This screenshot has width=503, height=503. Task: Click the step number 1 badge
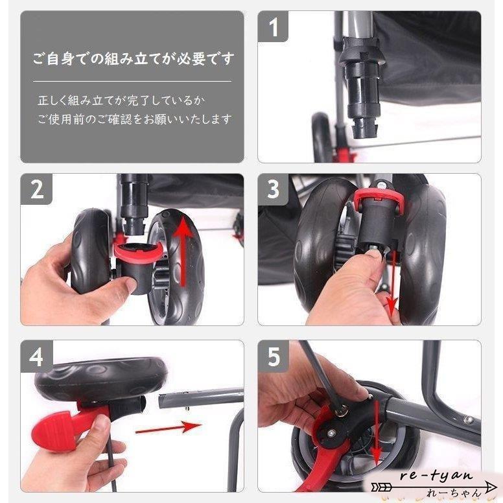pyautogui.click(x=273, y=28)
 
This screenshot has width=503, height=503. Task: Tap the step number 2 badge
pyautogui.click(x=37, y=189)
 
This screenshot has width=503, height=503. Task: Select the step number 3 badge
pyautogui.click(x=273, y=189)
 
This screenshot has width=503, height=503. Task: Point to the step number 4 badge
pyautogui.click(x=37, y=357)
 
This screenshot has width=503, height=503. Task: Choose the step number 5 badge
pyautogui.click(x=273, y=357)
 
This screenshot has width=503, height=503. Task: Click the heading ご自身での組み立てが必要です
pyautogui.click(x=132, y=59)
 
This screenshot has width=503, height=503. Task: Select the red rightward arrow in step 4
pyautogui.click(x=169, y=427)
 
